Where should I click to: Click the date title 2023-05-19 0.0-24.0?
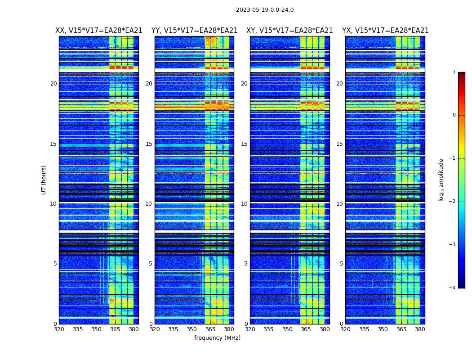click(265, 10)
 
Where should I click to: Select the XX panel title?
click(99, 31)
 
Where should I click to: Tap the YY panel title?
click(194, 31)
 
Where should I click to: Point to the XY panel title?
click(289, 31)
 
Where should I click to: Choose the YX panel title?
click(385, 31)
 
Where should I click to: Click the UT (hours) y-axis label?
click(44, 180)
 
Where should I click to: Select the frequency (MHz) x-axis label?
click(217, 338)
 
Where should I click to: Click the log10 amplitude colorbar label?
click(441, 180)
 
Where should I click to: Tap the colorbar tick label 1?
click(454, 72)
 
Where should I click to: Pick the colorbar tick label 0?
click(454, 115)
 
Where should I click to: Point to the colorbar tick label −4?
click(453, 288)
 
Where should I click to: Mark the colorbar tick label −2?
click(453, 202)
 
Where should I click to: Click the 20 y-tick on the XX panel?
click(53, 84)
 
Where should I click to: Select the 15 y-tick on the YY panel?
click(149, 144)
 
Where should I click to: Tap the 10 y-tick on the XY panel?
click(244, 204)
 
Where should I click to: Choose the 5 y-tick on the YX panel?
click(341, 264)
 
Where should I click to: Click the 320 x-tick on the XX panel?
click(59, 329)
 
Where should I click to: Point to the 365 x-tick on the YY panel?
click(210, 329)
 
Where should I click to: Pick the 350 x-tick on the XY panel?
click(287, 329)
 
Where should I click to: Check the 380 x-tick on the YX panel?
click(420, 329)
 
